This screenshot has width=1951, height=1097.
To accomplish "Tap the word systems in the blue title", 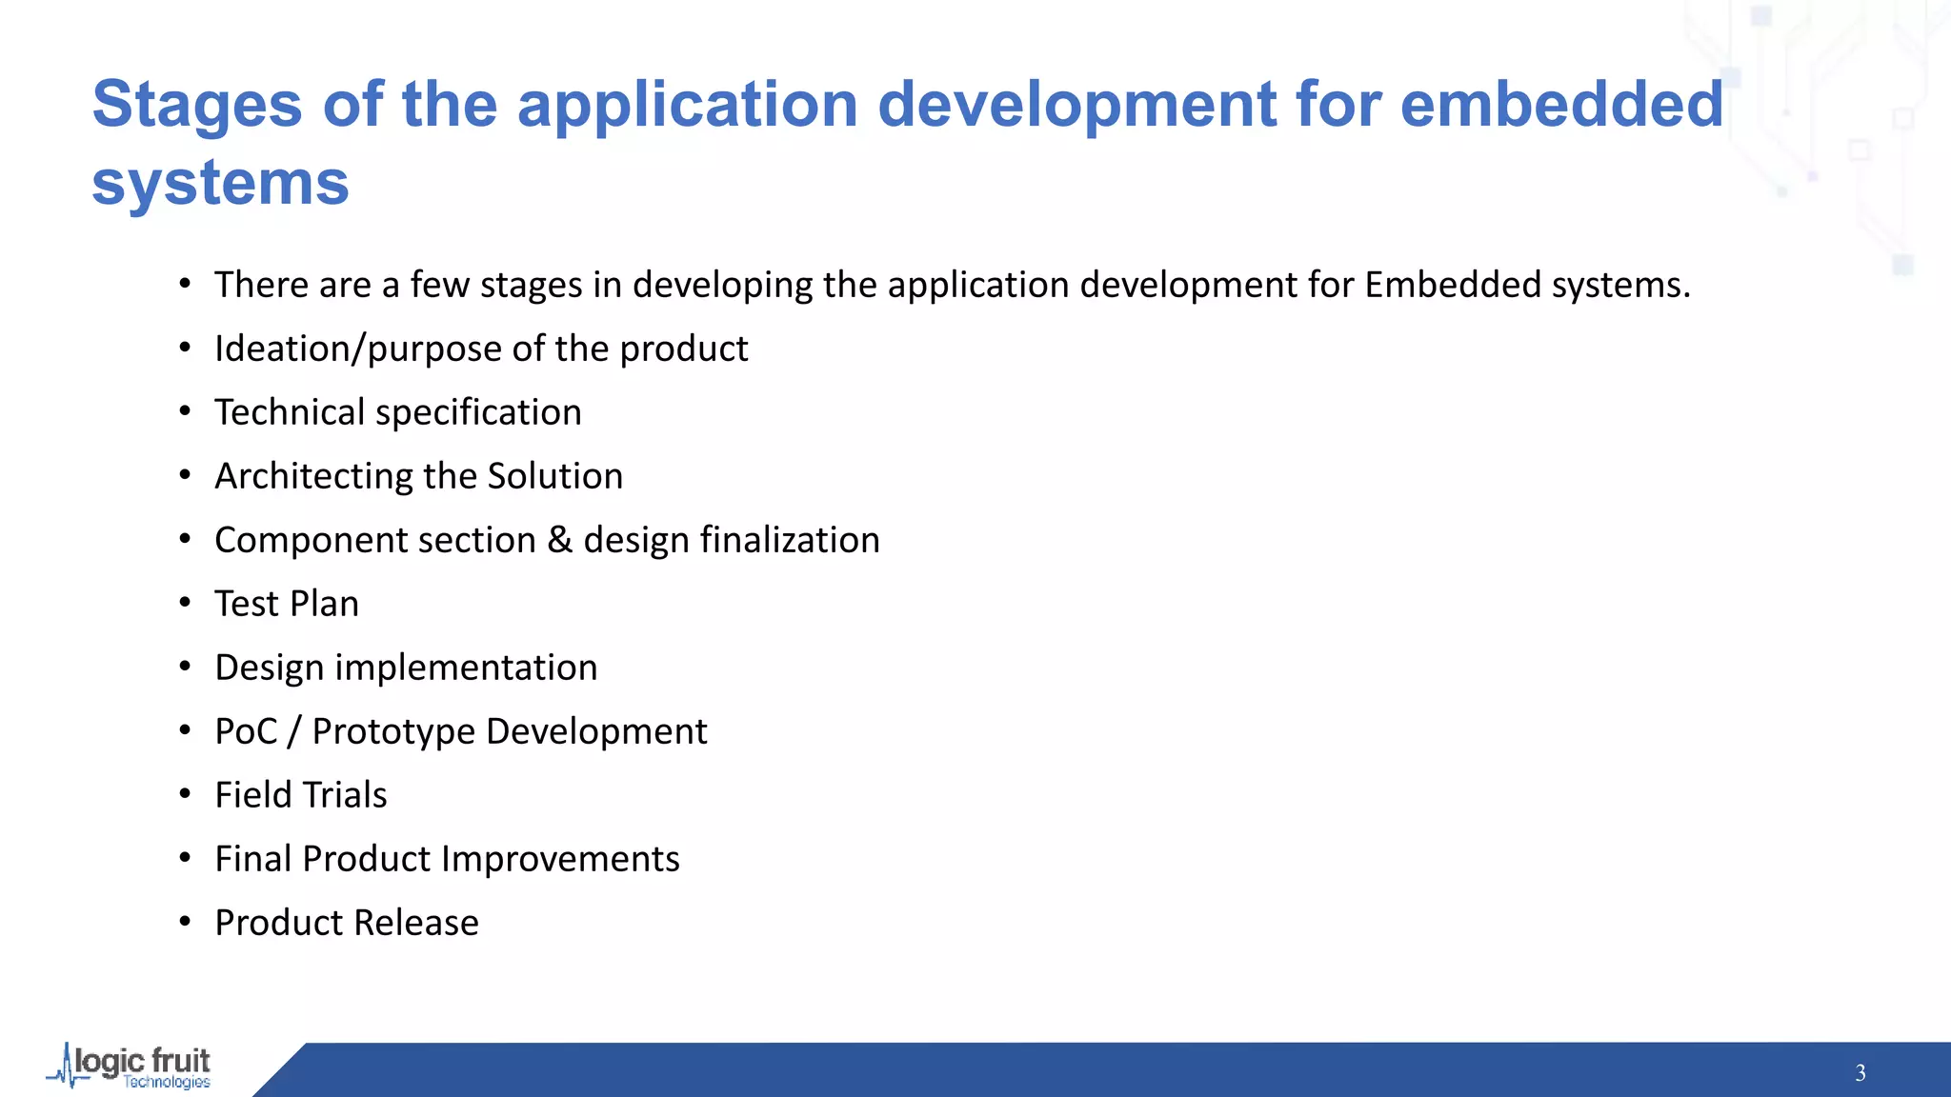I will click(220, 183).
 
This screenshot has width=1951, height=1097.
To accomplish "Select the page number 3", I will click(1860, 1073).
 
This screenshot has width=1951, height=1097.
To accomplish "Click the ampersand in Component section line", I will click(559, 540).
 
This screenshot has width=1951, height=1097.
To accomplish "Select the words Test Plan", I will click(287, 604).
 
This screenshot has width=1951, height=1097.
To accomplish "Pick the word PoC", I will click(246, 731).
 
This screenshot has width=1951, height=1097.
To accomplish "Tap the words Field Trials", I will click(301, 795).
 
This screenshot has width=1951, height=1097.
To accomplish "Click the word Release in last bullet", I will click(415, 923).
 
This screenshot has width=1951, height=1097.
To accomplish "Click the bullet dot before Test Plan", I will click(185, 603).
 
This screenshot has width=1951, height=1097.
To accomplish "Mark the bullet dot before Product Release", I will click(185, 922).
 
